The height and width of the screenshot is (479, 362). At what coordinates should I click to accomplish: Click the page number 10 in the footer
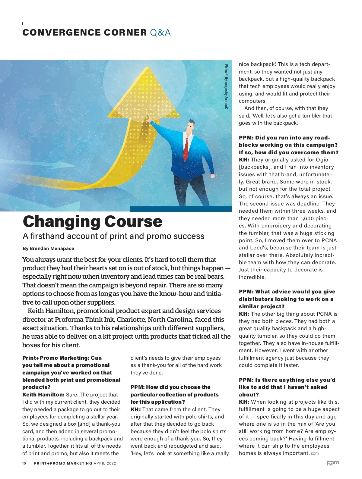pyautogui.click(x=24, y=463)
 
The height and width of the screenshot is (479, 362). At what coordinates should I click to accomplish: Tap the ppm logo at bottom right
pyautogui.click(x=333, y=463)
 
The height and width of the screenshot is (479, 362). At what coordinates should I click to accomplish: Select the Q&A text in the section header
pyautogui.click(x=160, y=33)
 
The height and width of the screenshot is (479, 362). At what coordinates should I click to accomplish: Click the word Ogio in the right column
pyautogui.click(x=322, y=160)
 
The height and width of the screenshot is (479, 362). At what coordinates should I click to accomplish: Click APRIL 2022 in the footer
pyautogui.click(x=105, y=463)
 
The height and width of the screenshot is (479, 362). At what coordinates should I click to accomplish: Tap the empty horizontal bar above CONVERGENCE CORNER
pyautogui.click(x=96, y=23)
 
